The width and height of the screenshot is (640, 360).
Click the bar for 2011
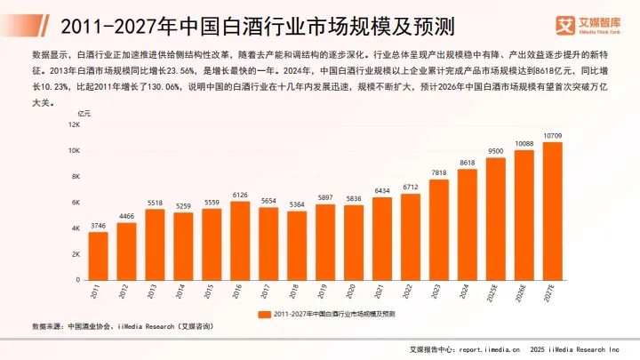click(x=99, y=255)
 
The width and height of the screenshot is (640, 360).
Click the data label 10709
click(x=552, y=135)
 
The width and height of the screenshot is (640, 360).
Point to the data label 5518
click(x=155, y=202)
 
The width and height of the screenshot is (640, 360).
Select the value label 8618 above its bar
click(x=467, y=162)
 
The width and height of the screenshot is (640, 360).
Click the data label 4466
click(x=126, y=216)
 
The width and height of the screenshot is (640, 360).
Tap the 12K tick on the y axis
click(x=75, y=125)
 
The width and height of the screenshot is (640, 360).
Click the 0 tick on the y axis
click(x=79, y=280)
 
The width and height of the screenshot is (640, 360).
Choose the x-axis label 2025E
click(x=492, y=293)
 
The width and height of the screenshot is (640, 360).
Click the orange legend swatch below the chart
click(x=264, y=314)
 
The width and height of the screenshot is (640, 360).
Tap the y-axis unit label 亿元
click(x=84, y=114)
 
